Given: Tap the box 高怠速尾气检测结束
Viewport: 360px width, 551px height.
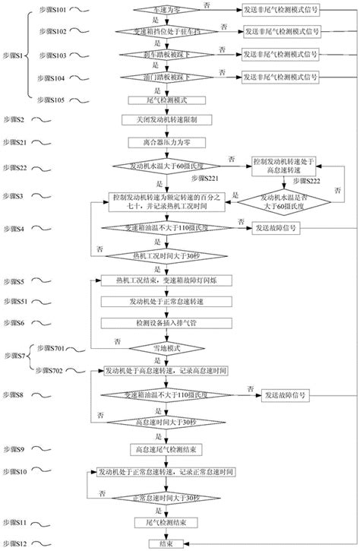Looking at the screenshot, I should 160,449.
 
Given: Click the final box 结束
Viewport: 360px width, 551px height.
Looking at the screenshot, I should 160,543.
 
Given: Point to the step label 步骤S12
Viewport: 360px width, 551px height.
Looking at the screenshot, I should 15,543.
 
